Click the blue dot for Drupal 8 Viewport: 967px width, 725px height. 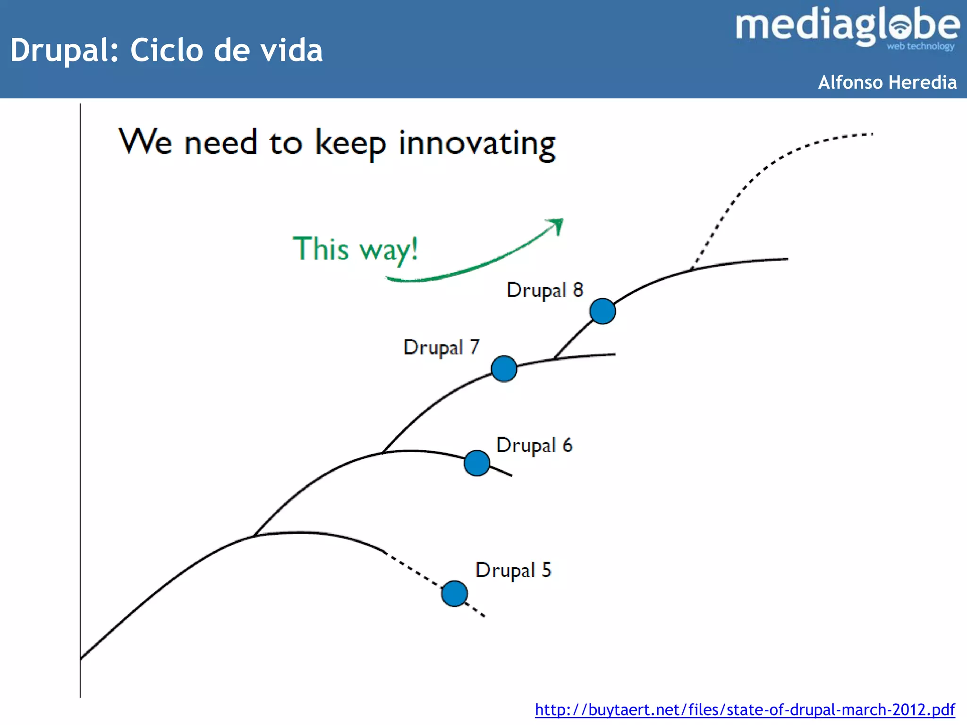pyautogui.click(x=602, y=311)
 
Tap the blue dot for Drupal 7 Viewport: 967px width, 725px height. pyautogui.click(x=504, y=369)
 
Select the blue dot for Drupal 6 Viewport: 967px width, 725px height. pyautogui.click(x=476, y=463)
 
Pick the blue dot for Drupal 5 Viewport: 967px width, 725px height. pyautogui.click(x=454, y=593)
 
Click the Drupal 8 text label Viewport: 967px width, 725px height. pyautogui.click(x=544, y=290)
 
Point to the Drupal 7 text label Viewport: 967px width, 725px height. pyautogui.click(x=441, y=347)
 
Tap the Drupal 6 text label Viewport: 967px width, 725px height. pyautogui.click(x=534, y=445)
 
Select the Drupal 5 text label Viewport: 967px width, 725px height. pyautogui.click(x=513, y=570)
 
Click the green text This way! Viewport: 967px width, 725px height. pyautogui.click(x=355, y=249)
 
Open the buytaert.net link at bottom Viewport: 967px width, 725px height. pyautogui.click(x=745, y=709)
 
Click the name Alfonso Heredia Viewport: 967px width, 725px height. pyautogui.click(x=887, y=82)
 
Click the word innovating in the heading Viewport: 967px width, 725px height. pyautogui.click(x=477, y=143)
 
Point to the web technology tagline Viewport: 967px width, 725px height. pyautogui.click(x=920, y=46)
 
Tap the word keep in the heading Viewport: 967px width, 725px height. pyautogui.click(x=350, y=143)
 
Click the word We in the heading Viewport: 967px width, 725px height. pyautogui.click(x=145, y=141)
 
